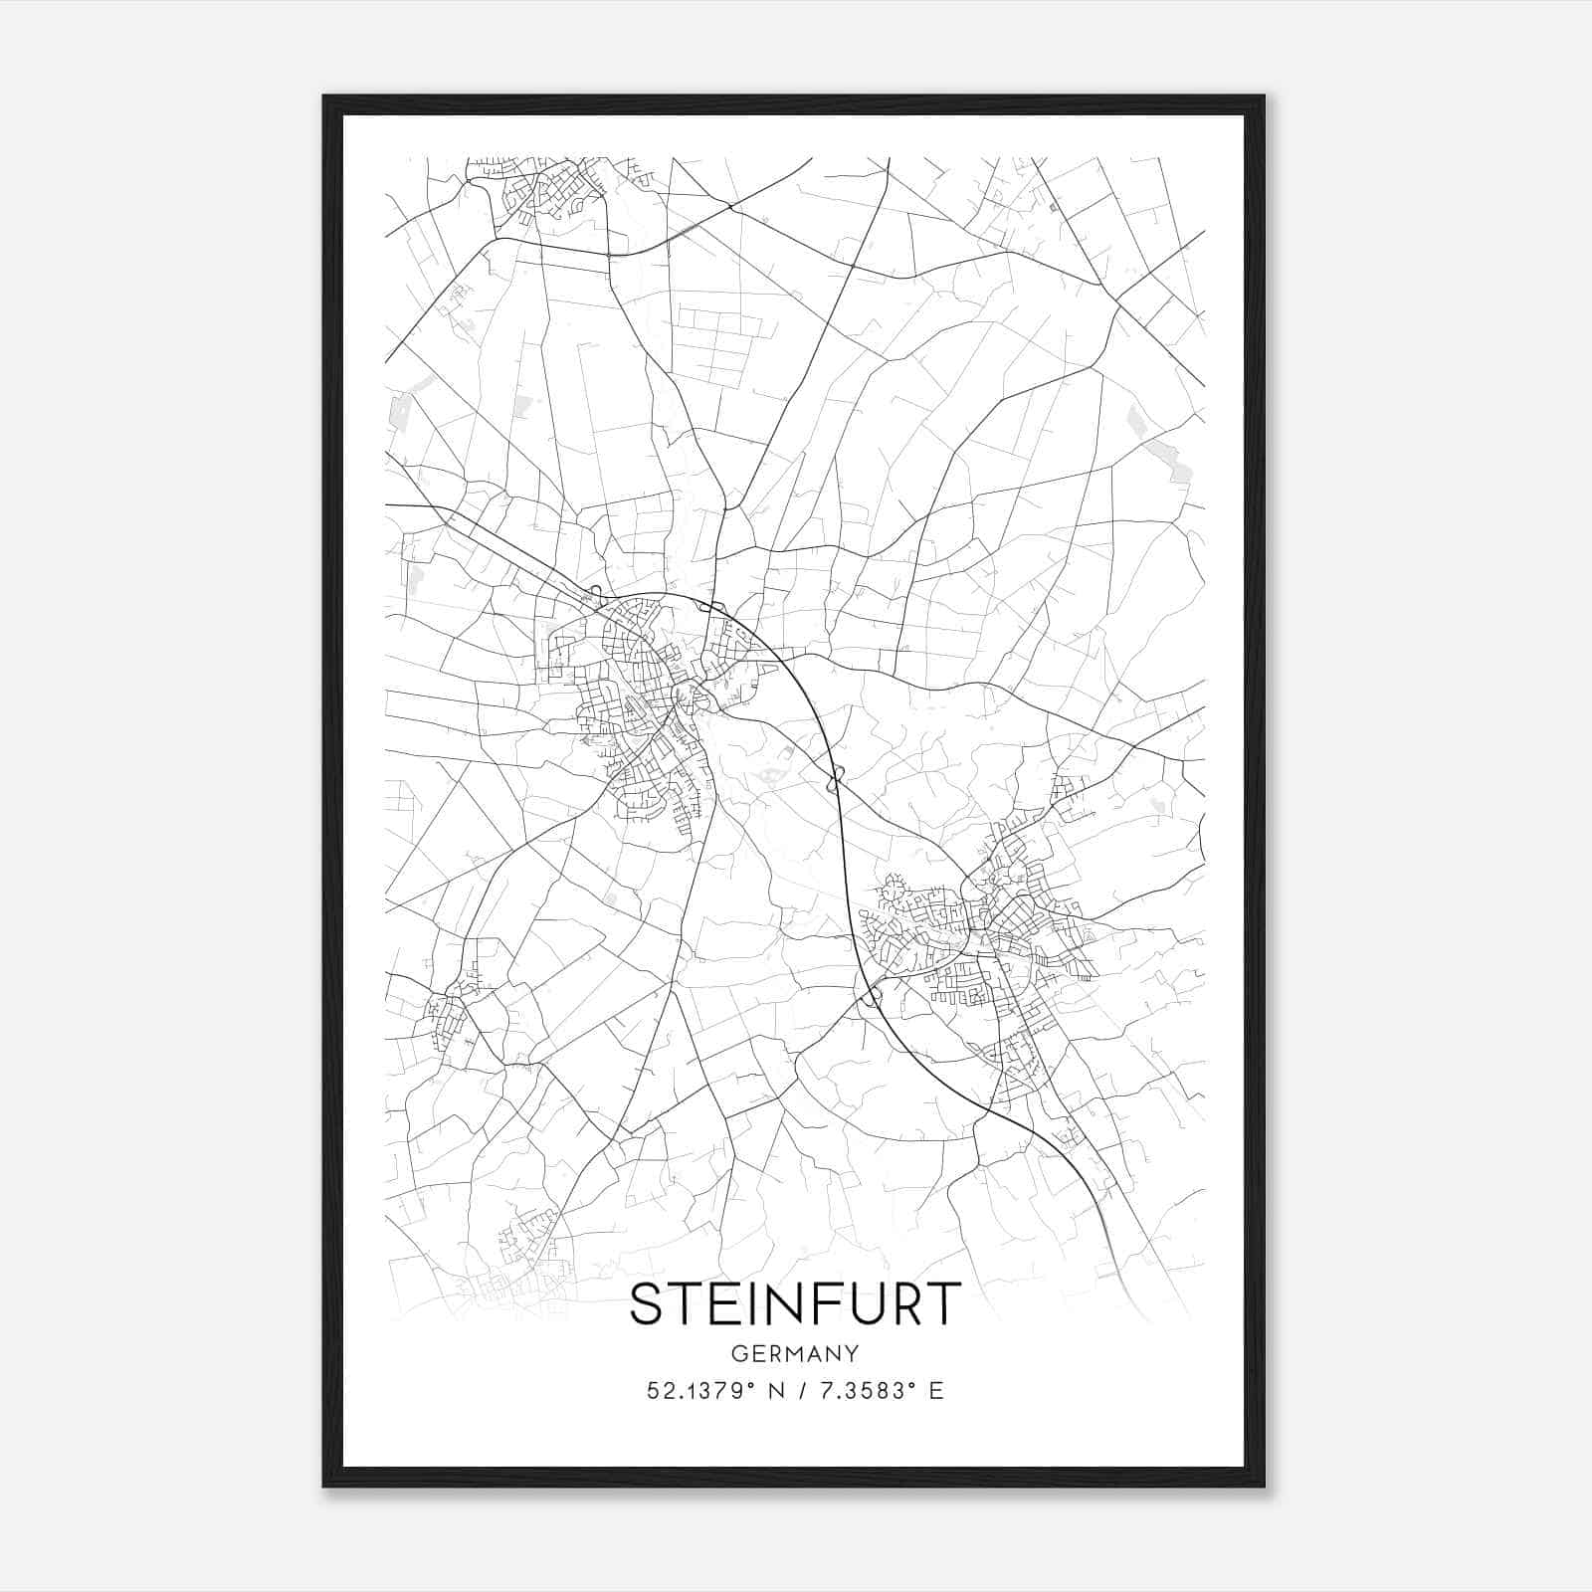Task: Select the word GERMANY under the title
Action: [x=795, y=1353]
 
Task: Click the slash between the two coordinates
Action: [x=803, y=1391]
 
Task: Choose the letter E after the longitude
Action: [x=935, y=1391]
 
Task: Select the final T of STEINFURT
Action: [x=944, y=1303]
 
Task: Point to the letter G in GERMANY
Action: [x=737, y=1353]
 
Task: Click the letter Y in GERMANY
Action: [x=853, y=1353]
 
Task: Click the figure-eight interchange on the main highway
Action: [x=837, y=775]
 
